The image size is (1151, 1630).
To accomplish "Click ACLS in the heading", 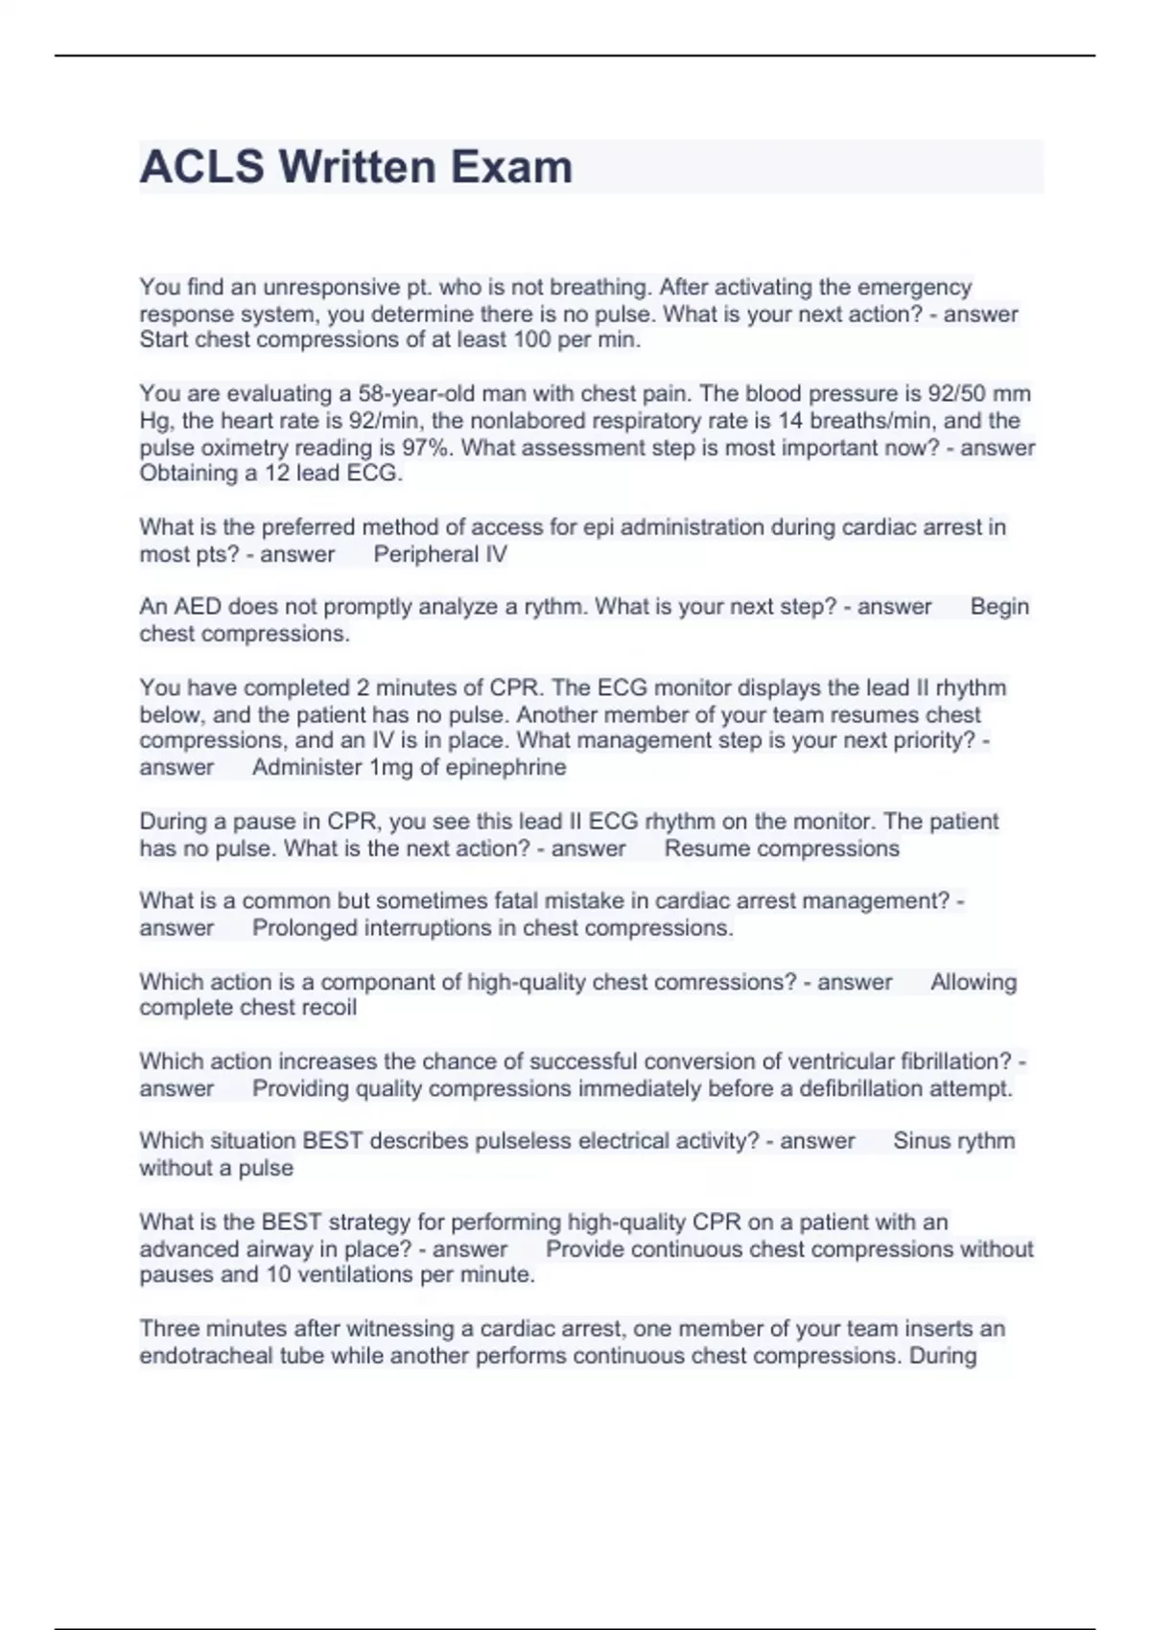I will (x=201, y=167).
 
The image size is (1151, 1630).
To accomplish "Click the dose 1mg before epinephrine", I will (x=390, y=767).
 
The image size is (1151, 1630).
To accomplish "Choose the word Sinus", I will (x=924, y=1141).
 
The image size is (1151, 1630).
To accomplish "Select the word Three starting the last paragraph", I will (x=169, y=1329).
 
